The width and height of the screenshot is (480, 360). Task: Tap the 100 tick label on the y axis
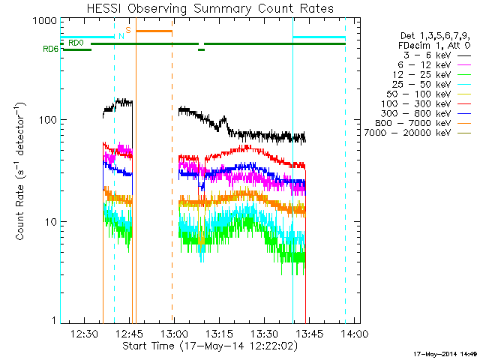tap(48, 121)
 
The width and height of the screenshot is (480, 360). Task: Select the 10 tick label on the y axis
tap(50, 222)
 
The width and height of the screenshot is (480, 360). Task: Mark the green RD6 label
tap(50, 50)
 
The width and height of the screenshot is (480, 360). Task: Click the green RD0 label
tap(75, 43)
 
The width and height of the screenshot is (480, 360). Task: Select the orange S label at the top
tap(128, 30)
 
